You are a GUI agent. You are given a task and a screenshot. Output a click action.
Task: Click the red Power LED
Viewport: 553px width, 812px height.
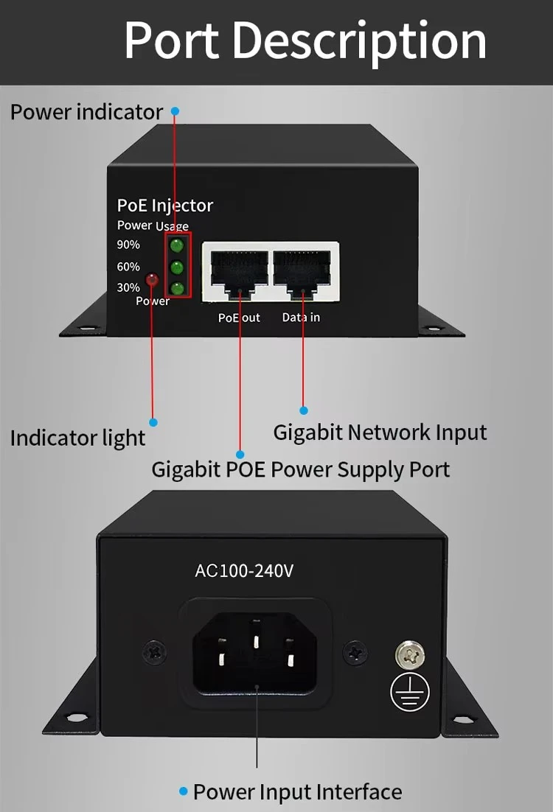click(153, 280)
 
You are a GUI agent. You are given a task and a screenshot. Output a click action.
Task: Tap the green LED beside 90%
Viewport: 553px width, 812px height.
click(177, 245)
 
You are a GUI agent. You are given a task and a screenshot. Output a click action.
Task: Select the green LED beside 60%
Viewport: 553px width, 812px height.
click(177, 267)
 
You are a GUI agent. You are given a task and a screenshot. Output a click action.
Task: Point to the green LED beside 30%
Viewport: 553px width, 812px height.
click(177, 287)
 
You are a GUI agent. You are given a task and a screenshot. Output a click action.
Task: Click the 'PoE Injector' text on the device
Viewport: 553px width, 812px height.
click(165, 206)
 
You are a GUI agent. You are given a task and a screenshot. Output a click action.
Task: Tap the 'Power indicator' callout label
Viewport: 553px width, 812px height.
click(86, 112)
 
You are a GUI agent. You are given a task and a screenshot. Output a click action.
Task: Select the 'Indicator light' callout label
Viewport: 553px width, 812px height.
click(77, 438)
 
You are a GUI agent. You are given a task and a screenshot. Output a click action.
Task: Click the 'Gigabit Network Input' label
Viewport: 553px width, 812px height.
click(380, 433)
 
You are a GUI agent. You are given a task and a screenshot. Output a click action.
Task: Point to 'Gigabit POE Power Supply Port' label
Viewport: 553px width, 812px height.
click(300, 469)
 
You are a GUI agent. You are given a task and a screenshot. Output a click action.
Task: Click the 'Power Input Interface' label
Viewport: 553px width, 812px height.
click(297, 792)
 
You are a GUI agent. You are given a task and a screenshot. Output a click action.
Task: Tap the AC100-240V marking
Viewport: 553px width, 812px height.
click(245, 571)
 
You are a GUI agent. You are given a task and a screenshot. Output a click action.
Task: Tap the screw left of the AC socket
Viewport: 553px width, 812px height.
click(156, 651)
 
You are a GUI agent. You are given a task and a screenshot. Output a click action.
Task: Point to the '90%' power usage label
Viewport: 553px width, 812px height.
click(128, 245)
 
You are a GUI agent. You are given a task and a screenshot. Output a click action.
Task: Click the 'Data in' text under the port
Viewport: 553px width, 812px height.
click(301, 318)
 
